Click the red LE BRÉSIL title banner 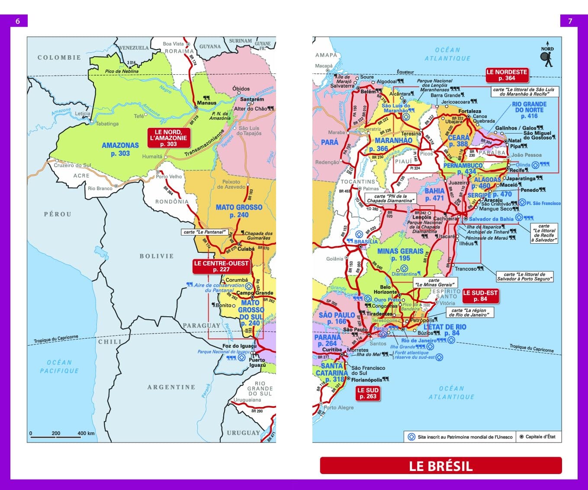click(x=440, y=466)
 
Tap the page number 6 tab click(x=18, y=21)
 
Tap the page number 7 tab click(x=570, y=21)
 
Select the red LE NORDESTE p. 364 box click(x=507, y=75)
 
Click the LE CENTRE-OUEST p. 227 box click(x=221, y=266)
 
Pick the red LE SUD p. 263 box click(x=368, y=393)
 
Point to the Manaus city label click(x=206, y=103)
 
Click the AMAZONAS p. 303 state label click(x=120, y=149)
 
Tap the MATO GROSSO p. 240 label click(x=239, y=211)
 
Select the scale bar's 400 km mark click(x=86, y=433)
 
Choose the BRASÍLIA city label click(x=366, y=242)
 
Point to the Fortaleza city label click(x=469, y=111)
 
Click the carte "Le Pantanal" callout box click(x=204, y=232)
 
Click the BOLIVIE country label click(x=156, y=256)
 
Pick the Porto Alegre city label click(x=338, y=407)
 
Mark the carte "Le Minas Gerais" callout click(x=434, y=282)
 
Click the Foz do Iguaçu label click(x=239, y=346)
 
